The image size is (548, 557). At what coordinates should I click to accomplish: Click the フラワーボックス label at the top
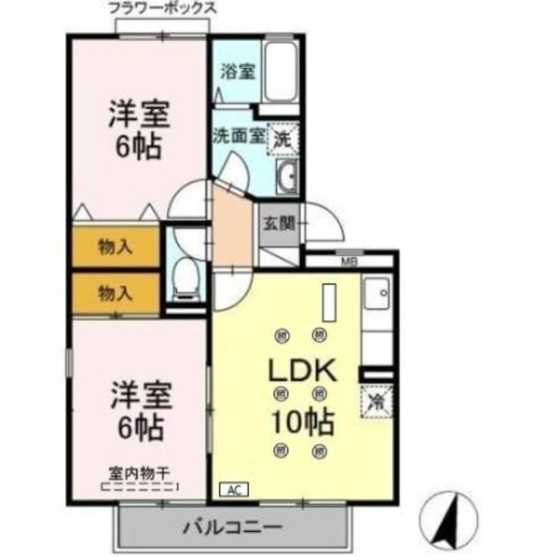162,9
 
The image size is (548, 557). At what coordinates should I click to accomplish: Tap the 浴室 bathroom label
237,72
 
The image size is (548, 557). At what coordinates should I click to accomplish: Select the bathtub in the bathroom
281,72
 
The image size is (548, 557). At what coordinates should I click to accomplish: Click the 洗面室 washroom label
238,135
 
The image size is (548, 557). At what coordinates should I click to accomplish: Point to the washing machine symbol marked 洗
284,137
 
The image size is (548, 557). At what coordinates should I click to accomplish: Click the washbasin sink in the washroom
285,175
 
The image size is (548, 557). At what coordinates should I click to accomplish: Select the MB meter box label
349,262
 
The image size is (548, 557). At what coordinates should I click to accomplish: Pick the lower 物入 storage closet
116,293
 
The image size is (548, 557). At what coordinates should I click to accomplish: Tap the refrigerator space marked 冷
377,401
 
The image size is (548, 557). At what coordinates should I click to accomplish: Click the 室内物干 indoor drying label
139,472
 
